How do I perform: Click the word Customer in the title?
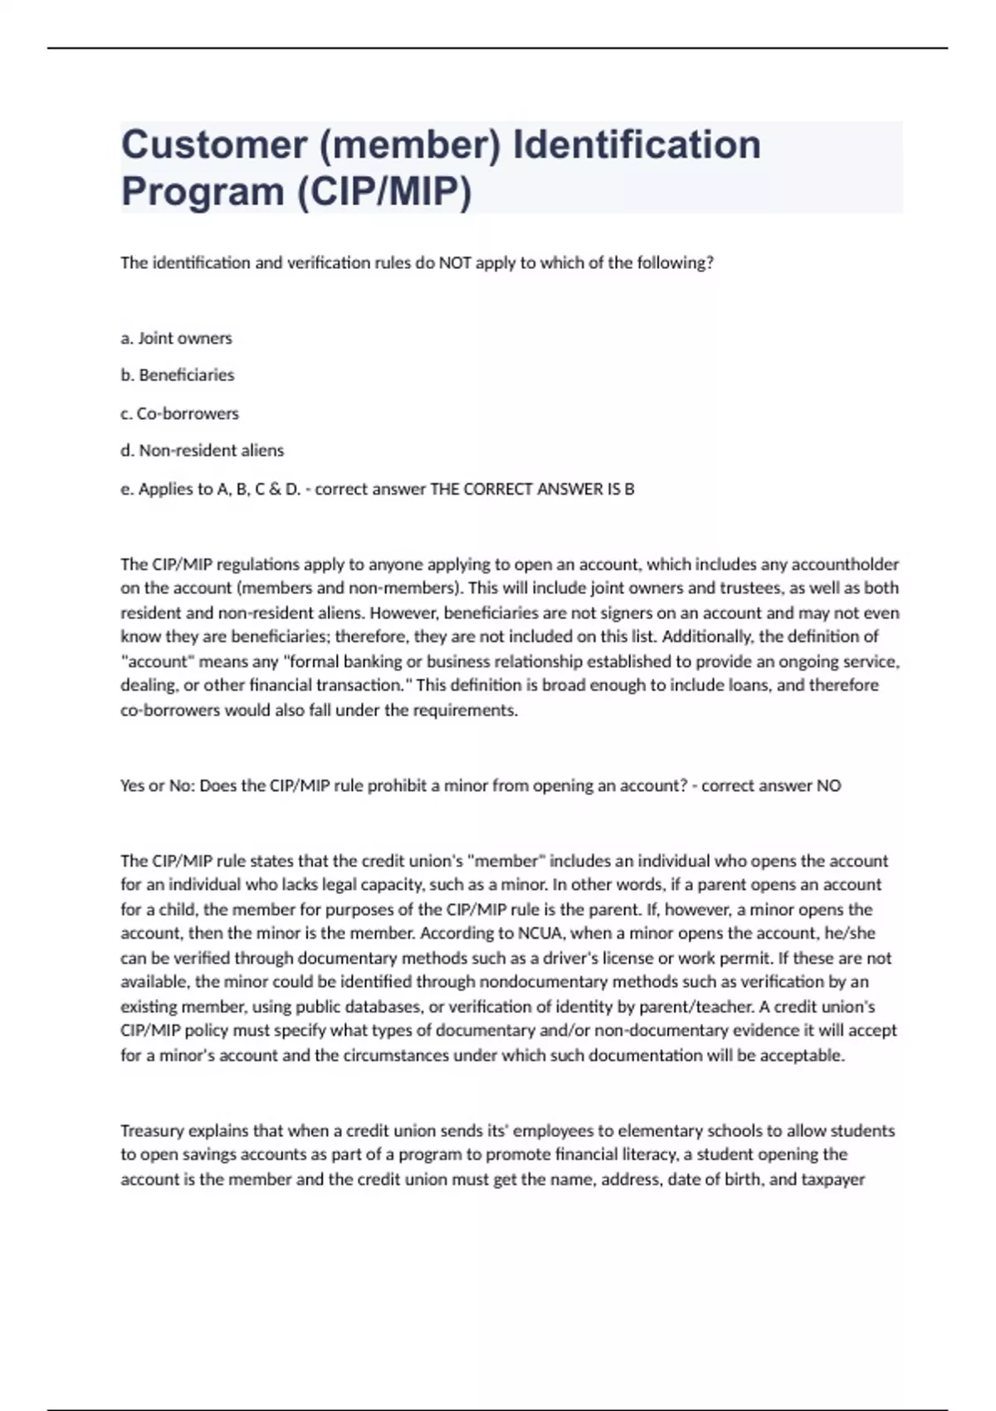[214, 144]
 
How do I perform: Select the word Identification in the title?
[637, 144]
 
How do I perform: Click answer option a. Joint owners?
[176, 338]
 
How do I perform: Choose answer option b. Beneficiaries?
[178, 375]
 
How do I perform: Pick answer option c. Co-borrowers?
[179, 413]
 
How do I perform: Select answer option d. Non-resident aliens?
[203, 451]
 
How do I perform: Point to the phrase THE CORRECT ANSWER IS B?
[532, 489]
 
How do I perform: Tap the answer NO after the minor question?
[828, 785]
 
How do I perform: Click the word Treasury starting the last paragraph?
[152, 1130]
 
